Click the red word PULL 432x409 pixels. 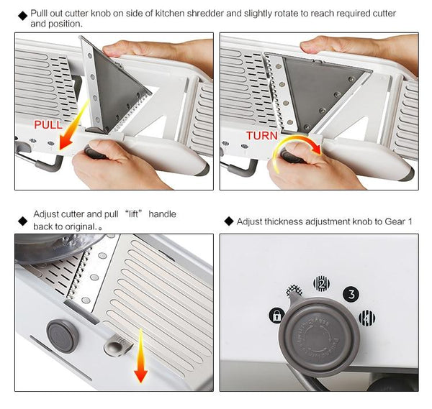click(x=48, y=124)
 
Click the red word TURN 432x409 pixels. click(x=262, y=135)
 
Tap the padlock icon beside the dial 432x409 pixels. click(x=276, y=315)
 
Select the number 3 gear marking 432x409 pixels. click(x=351, y=293)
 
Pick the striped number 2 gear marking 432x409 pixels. click(x=321, y=283)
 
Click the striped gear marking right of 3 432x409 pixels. click(x=366, y=316)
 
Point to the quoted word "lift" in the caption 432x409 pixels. click(x=132, y=214)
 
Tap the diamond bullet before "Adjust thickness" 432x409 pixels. click(x=228, y=221)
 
